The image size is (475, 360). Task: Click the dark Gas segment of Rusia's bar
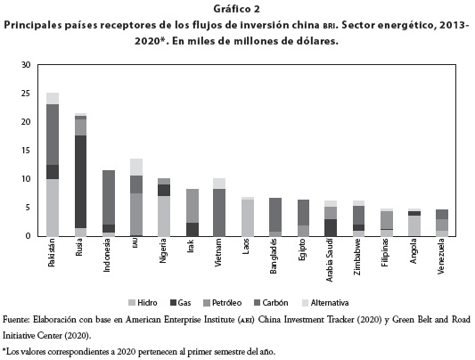click(80, 182)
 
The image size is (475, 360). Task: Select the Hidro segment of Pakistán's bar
click(53, 208)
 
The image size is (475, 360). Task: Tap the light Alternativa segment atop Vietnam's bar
click(219, 184)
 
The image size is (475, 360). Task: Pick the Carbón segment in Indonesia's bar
click(109, 198)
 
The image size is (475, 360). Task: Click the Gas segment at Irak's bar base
click(192, 230)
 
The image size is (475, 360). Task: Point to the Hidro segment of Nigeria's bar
click(164, 217)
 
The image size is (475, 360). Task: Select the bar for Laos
click(248, 217)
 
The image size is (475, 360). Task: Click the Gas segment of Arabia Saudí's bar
click(331, 228)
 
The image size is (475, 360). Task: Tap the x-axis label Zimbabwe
click(357, 257)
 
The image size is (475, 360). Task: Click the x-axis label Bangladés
click(274, 256)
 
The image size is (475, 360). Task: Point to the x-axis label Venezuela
click(441, 257)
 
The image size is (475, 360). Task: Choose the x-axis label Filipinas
click(385, 252)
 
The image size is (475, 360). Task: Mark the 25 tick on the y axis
click(26, 94)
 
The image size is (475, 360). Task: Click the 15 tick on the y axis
click(26, 151)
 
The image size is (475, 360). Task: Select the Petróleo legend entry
click(223, 303)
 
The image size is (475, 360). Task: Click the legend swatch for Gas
click(173, 303)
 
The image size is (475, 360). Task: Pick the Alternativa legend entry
click(325, 303)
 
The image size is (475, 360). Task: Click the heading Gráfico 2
click(236, 9)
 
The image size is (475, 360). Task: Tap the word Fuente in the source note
click(16, 319)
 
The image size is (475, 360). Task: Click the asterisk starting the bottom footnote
click(4, 350)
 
